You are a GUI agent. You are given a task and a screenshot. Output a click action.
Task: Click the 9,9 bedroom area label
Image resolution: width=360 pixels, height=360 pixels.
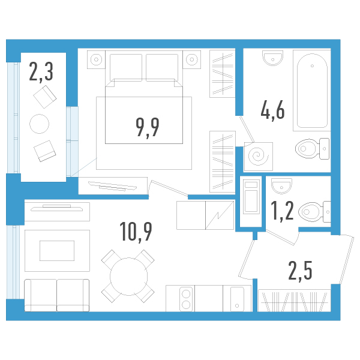coord(148,127)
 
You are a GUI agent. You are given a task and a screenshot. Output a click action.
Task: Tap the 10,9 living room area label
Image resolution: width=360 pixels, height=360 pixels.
coord(136,232)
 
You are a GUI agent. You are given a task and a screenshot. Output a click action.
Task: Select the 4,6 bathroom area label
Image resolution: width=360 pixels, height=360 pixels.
coord(273,110)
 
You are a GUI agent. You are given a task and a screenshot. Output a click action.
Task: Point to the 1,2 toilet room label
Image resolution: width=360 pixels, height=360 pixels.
coord(282,211)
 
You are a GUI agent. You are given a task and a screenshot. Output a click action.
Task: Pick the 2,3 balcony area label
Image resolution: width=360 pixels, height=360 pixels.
coord(41,71)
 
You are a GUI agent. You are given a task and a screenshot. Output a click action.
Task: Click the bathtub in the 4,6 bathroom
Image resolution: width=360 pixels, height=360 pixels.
coord(312,91)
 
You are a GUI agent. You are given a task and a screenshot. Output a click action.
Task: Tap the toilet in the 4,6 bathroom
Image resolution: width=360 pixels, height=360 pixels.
coord(312,149)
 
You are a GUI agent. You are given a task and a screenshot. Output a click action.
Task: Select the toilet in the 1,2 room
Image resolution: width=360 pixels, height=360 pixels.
coord(314,212)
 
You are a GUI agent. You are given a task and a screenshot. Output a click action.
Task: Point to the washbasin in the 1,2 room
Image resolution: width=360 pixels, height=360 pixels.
coord(281,186)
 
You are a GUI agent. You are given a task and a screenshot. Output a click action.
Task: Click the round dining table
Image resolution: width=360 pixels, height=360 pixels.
coord(128,277)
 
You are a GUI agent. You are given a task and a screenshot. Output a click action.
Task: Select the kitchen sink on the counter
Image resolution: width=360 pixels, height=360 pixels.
coord(237,299)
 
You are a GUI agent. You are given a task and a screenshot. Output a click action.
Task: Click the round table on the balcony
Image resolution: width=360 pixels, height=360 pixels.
coord(39,124)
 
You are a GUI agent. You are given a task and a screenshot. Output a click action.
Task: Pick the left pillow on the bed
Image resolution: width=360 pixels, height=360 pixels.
coord(126,67)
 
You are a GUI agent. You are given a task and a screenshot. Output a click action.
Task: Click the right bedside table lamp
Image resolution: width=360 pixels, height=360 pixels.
coord(192,59)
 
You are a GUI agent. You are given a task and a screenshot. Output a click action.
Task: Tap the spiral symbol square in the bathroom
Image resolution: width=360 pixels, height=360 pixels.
coord(258,157)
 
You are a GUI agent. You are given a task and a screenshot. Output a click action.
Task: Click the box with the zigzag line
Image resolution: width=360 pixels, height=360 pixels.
coord(220,215)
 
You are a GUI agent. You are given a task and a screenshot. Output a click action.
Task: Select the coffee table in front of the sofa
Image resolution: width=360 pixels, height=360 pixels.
coord(57,251)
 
